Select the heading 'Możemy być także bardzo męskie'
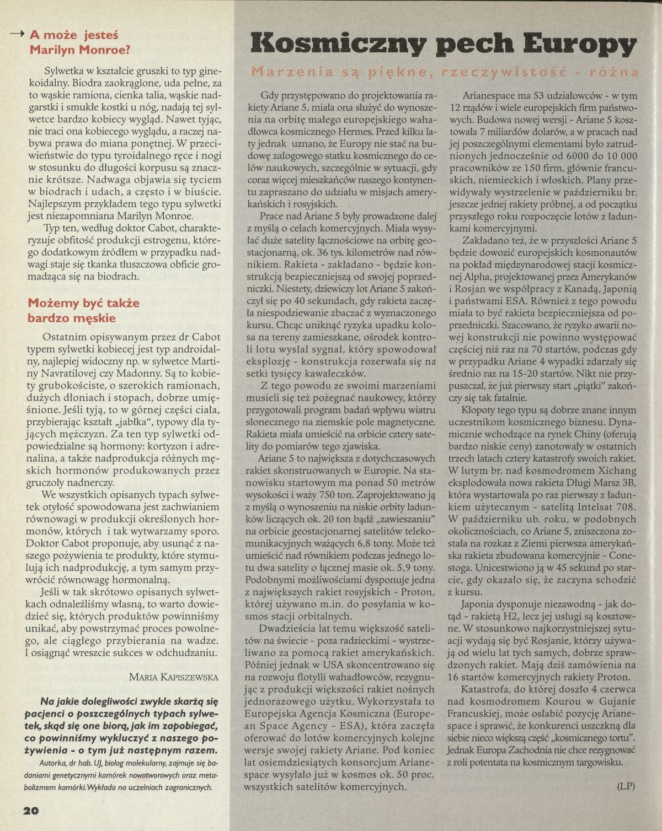pos(84,310)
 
